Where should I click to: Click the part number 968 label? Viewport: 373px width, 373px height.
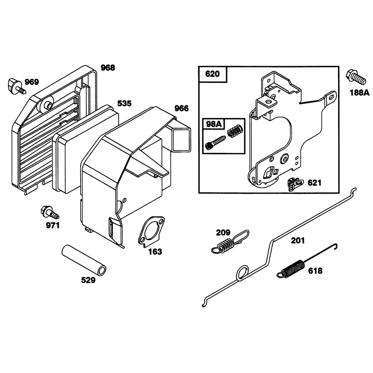108,68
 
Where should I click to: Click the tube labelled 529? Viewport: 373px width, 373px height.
84,260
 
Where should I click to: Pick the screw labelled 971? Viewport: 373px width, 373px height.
50,213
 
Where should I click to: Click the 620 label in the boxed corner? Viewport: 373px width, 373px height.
213,74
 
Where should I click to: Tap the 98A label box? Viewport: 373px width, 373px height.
214,124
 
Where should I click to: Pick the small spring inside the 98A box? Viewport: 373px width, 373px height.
235,131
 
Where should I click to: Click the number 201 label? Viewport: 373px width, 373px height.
297,241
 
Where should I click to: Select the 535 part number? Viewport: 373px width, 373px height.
124,104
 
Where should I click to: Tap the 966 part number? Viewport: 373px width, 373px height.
181,108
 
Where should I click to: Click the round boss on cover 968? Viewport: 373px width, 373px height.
45,104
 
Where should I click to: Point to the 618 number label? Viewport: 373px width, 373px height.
315,271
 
